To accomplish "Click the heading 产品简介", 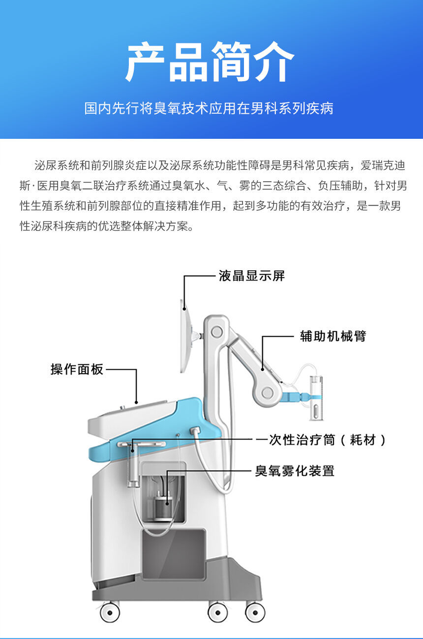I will click(x=211, y=63).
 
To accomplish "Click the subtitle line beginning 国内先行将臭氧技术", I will click(x=209, y=108).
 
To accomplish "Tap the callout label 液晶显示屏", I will click(x=251, y=276).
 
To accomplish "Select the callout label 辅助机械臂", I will click(x=332, y=337).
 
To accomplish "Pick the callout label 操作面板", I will click(x=77, y=369).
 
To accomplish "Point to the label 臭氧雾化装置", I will click(x=294, y=471).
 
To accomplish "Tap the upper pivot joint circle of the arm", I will click(x=216, y=332).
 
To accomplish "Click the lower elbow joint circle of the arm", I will click(x=267, y=392).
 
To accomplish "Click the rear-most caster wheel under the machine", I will click(x=110, y=612).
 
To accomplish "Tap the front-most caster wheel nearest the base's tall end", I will click(x=255, y=612).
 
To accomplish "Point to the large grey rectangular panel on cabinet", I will click(x=173, y=554).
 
